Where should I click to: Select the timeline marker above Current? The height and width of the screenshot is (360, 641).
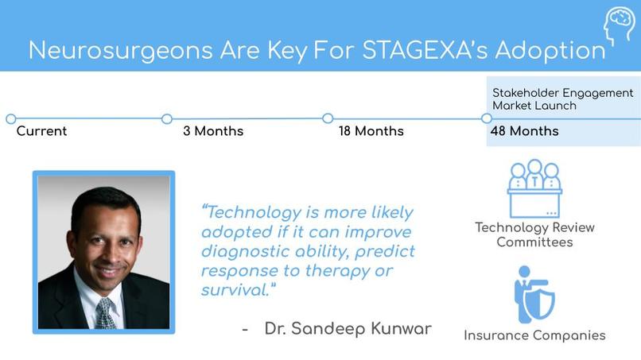[x=10, y=119]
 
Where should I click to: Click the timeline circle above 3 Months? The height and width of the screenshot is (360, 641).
[x=167, y=119]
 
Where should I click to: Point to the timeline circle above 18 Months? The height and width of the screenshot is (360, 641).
[x=328, y=118]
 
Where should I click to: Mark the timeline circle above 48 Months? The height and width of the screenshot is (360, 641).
[x=487, y=118]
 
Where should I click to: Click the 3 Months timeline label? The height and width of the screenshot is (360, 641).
[x=213, y=131]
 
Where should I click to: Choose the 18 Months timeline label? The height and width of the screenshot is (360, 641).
[x=371, y=131]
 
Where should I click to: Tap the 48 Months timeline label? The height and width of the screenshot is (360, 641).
[x=526, y=131]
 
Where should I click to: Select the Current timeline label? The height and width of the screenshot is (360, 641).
[x=41, y=131]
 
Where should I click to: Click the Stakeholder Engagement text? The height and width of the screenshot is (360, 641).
[x=562, y=93]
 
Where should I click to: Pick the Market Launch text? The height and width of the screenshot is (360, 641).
[x=534, y=106]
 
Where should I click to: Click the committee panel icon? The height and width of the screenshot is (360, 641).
[x=534, y=188]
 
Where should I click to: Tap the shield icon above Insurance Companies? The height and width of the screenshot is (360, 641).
[x=534, y=294]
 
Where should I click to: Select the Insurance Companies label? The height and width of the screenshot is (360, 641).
[x=534, y=335]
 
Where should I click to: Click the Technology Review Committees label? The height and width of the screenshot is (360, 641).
[x=534, y=234]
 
